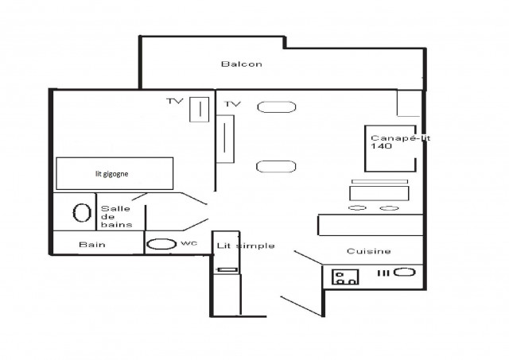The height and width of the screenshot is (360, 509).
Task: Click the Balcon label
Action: point(242,64)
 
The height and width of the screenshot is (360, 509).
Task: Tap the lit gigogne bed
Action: point(115,173)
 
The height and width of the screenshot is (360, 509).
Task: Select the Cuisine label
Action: point(369,251)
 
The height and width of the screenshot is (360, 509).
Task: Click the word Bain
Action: point(92,244)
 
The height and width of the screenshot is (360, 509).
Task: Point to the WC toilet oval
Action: point(161,244)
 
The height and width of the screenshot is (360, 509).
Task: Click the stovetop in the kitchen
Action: point(345,277)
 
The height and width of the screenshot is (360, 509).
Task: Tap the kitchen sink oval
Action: point(405,272)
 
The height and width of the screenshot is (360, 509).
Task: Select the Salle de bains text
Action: point(117,217)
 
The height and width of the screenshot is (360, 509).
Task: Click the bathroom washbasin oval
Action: point(82,213)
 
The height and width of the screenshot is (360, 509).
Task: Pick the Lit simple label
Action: point(246,246)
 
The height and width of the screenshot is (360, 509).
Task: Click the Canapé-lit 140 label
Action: point(400,142)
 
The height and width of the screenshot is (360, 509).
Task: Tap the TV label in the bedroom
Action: point(175,101)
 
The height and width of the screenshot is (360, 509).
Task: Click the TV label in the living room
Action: point(233,104)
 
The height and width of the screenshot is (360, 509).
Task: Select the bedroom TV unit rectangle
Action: point(200,110)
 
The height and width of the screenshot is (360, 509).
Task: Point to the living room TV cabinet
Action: point(225,139)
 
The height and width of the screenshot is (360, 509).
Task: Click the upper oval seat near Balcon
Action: point(277,107)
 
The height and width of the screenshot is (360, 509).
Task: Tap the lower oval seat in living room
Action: point(276,167)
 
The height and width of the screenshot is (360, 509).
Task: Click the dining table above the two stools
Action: point(379,193)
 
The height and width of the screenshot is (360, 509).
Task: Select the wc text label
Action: point(189,243)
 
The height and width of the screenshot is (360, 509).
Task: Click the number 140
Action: point(382,146)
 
